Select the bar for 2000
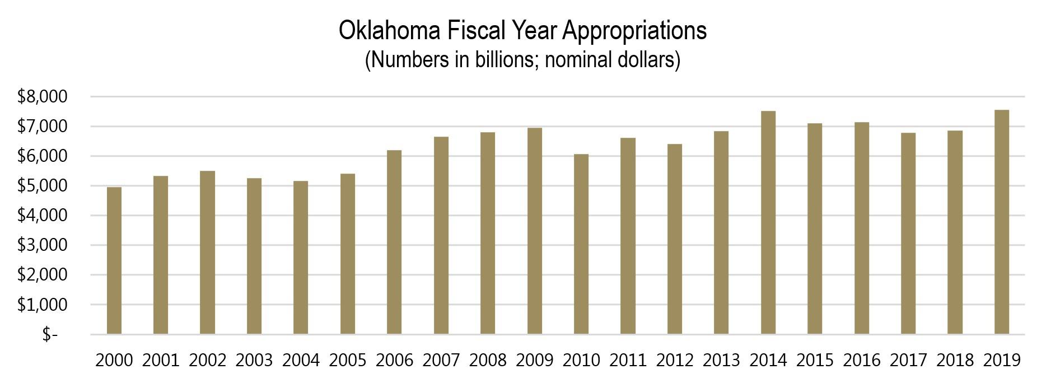114,261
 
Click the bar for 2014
768,223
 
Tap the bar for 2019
1002,222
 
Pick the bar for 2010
581,244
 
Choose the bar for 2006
394,242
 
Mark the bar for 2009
535,231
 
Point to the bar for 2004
301,258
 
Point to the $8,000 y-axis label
42,97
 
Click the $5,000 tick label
42,186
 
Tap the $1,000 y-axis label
42,305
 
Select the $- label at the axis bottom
50,334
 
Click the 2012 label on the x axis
675,360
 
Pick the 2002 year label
207,360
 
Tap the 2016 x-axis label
862,360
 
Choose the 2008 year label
488,360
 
